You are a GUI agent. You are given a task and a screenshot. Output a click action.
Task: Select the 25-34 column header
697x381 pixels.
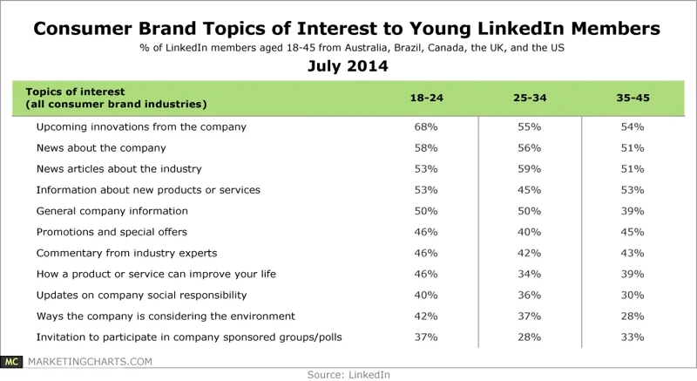[x=528, y=98]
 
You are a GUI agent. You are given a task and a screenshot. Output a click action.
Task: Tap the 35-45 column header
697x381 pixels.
[x=631, y=98]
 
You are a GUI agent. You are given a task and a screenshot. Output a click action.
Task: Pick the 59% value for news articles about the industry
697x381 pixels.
[x=528, y=168]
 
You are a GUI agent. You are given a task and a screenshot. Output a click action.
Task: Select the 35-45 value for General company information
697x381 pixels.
[x=631, y=211]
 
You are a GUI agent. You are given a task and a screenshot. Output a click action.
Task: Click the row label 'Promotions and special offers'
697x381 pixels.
[x=112, y=232]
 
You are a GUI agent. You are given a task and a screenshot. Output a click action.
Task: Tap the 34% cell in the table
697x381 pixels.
[x=528, y=274]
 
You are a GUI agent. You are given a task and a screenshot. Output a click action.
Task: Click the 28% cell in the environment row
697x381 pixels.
[x=631, y=316]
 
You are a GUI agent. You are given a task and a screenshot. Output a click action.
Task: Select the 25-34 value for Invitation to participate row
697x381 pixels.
[x=528, y=337]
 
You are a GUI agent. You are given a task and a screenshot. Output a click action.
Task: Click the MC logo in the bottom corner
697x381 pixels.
[x=12, y=361]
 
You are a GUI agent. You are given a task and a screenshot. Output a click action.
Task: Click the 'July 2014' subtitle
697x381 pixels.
[x=348, y=66]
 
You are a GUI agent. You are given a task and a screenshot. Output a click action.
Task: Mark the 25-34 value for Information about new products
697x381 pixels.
[x=528, y=189]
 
